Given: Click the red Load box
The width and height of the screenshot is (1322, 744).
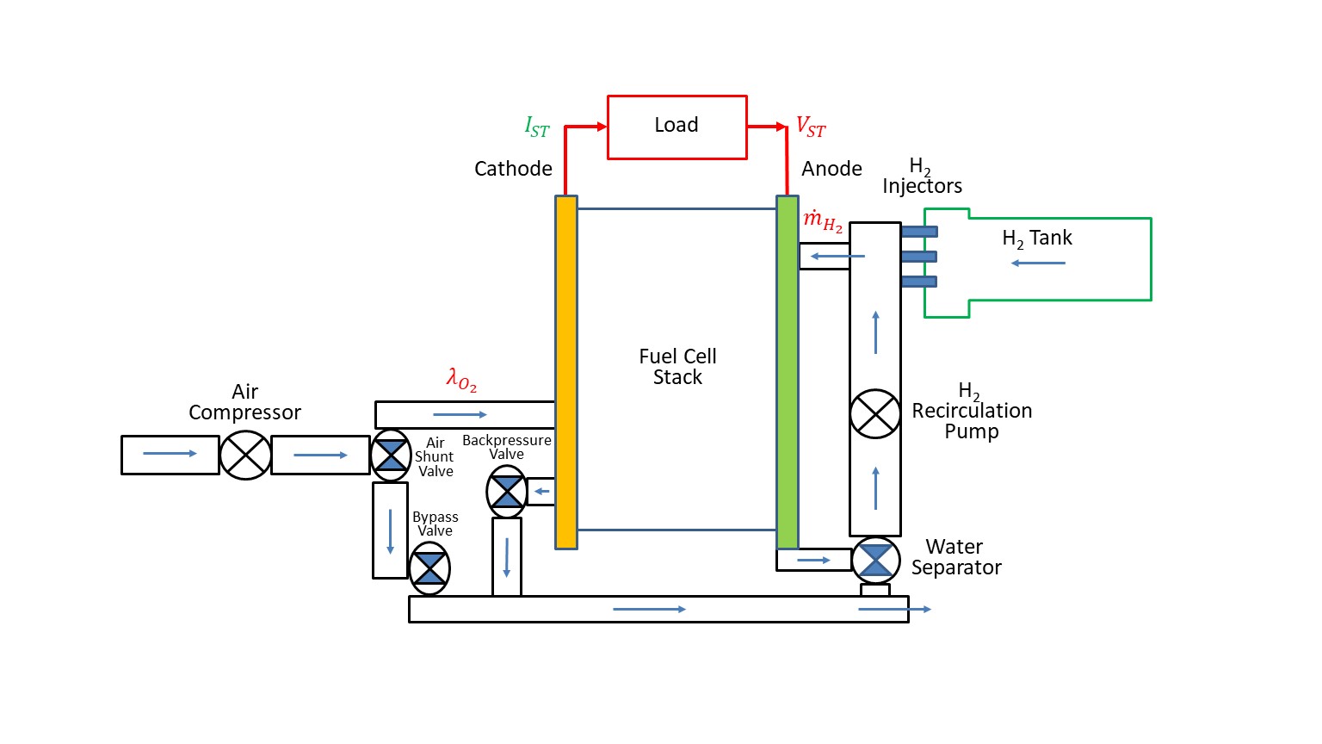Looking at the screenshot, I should [x=676, y=127].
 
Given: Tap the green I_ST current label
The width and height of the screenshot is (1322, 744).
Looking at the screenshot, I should [x=536, y=127].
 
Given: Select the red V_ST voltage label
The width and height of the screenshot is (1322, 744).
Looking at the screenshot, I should [x=810, y=127].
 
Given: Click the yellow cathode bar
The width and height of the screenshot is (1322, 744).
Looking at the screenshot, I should [x=565, y=370].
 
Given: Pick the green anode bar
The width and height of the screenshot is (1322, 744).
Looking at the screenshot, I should [x=787, y=370].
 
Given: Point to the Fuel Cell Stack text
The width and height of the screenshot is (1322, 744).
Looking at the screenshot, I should [x=677, y=366].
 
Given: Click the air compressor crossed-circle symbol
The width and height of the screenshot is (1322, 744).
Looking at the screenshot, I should [x=245, y=455].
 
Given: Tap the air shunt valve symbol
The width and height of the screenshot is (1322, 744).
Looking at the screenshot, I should [x=391, y=455].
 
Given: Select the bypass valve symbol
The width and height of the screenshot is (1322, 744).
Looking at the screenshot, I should [x=429, y=568].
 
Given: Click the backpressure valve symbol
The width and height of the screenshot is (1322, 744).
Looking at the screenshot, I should [x=506, y=492].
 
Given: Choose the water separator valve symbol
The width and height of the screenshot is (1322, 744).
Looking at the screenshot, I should [x=875, y=560].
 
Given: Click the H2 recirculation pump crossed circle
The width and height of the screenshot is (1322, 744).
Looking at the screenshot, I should [x=875, y=413].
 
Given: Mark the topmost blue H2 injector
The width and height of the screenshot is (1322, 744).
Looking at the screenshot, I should [x=918, y=232].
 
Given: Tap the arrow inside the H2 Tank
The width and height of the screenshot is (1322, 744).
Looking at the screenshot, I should [x=1038, y=263].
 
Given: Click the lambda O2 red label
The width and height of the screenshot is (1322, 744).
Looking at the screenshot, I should [x=461, y=379].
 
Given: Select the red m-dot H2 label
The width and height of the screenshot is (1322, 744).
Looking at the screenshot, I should [x=822, y=221].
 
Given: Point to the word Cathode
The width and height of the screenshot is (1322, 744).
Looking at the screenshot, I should [x=513, y=169].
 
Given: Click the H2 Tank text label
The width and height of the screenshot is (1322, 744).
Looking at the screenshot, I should [x=1037, y=239].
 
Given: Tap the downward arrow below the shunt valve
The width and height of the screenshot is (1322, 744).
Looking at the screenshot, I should [x=390, y=531].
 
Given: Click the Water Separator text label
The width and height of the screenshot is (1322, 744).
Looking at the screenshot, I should [x=955, y=557].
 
